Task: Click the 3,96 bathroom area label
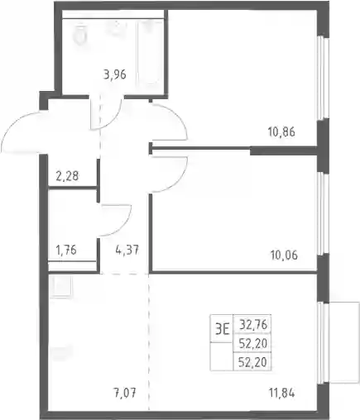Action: [115, 74]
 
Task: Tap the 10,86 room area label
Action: [281, 131]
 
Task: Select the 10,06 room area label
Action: [284, 255]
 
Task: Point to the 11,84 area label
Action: [281, 393]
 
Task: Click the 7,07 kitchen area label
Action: [125, 393]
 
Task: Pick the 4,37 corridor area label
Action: [127, 251]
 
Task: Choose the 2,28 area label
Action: [67, 176]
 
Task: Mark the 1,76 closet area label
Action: [66, 250]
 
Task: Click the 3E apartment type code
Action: [222, 329]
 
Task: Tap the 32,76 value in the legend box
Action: [253, 325]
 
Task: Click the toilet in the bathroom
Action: [80, 35]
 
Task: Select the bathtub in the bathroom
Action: [151, 52]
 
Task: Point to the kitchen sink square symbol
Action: [62, 286]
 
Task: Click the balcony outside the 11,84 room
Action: [344, 342]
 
